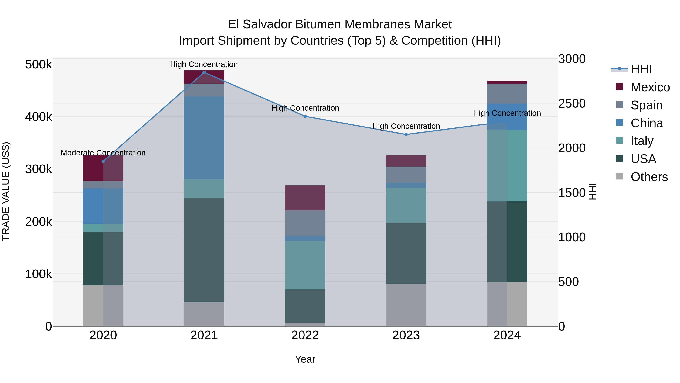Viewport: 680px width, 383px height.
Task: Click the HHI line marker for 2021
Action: (x=204, y=72)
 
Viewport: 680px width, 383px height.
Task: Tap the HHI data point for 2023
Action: (x=406, y=134)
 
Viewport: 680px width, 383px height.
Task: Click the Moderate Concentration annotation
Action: (x=103, y=153)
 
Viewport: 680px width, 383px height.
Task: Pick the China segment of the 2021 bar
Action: (x=204, y=138)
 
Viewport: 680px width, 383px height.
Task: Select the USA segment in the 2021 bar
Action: (x=204, y=250)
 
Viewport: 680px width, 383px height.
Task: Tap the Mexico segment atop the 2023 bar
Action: (x=406, y=161)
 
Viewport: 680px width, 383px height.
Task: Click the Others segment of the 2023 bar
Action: (x=406, y=305)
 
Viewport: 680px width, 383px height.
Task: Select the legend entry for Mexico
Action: (x=650, y=87)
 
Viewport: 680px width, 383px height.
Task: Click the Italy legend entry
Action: (x=642, y=141)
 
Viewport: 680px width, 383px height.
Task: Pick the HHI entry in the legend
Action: (x=641, y=69)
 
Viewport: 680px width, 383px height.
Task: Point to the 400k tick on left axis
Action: (x=39, y=117)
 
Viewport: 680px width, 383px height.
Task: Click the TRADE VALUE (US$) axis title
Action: (x=6, y=191)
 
